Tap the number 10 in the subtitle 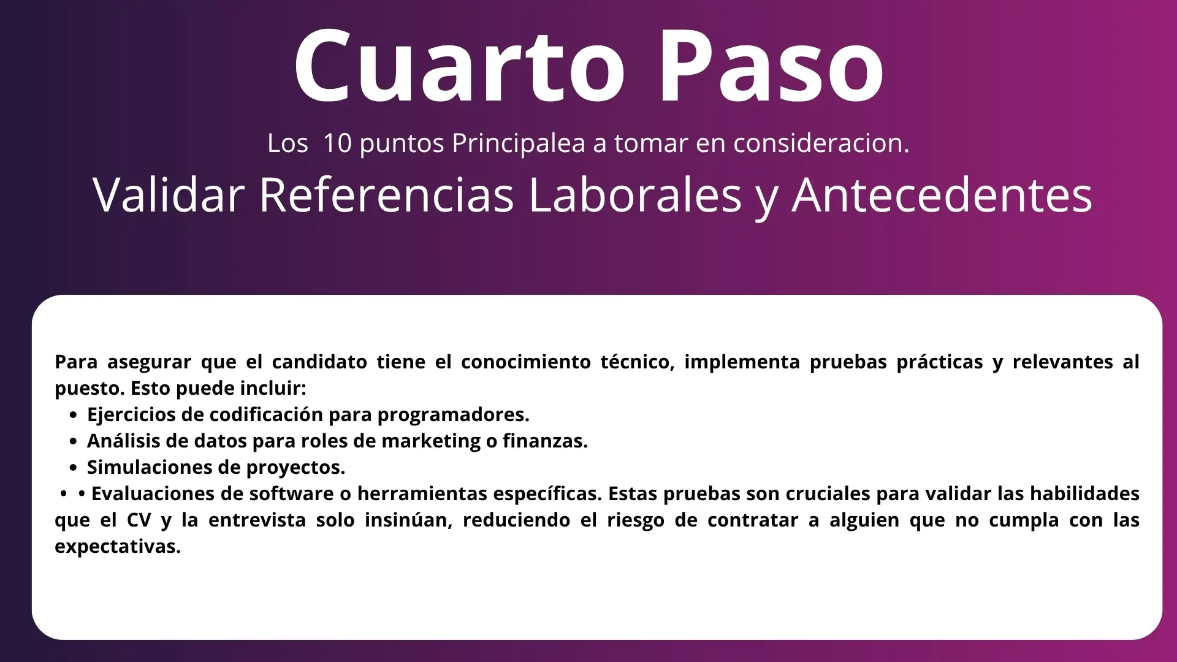(x=337, y=143)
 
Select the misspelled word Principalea (x=519, y=143)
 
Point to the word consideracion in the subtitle (x=821, y=143)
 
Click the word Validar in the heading (x=169, y=195)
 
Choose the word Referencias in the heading (x=387, y=195)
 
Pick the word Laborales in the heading (x=635, y=195)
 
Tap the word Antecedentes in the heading (x=942, y=195)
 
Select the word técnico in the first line (x=638, y=362)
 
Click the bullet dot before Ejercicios (x=74, y=415)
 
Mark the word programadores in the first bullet (x=453, y=415)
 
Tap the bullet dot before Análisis (x=74, y=441)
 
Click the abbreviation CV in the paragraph (x=139, y=520)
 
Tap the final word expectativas (x=118, y=547)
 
